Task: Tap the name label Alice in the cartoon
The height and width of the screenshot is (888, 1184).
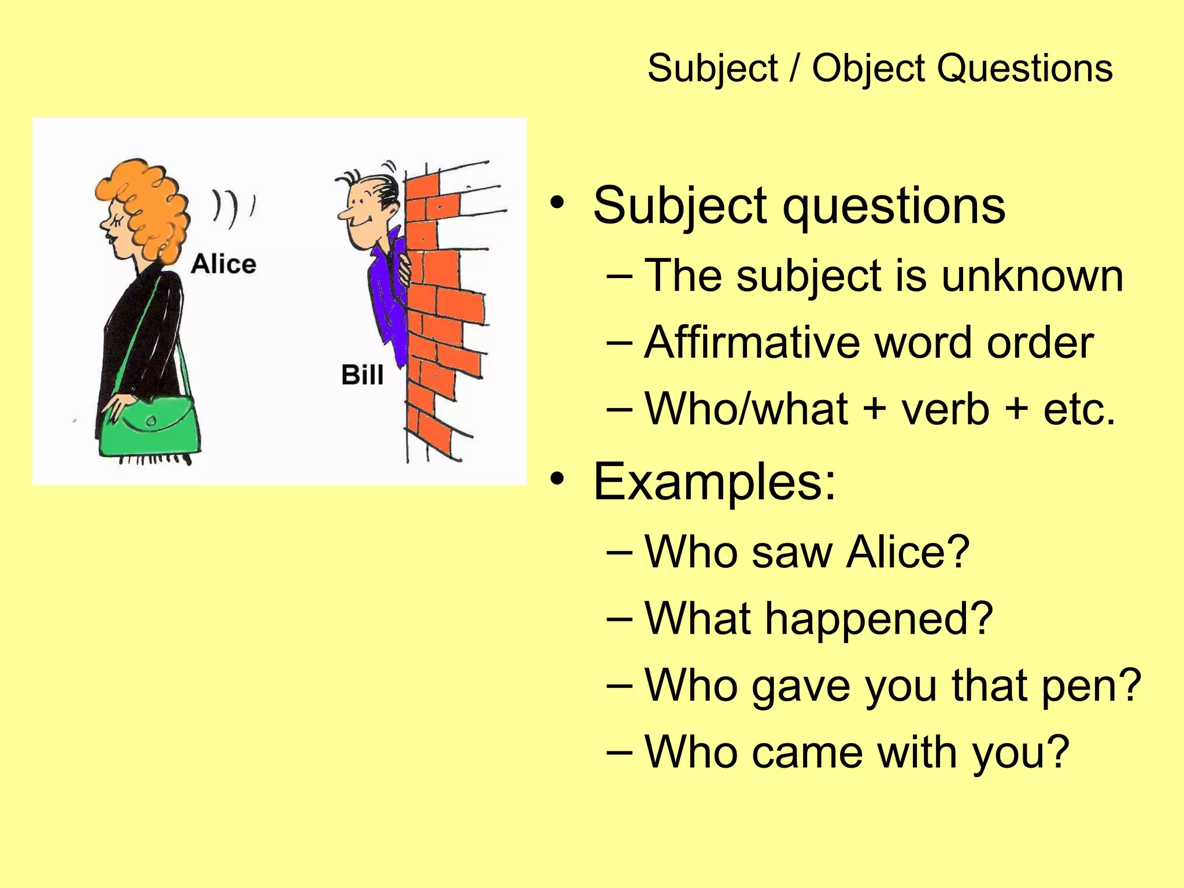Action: (x=223, y=264)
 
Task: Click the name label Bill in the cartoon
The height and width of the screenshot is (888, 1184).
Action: (x=362, y=375)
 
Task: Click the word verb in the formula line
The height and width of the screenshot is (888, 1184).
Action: (x=945, y=409)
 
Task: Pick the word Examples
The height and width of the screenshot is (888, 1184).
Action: (x=715, y=480)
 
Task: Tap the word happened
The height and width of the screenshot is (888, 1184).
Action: (x=879, y=619)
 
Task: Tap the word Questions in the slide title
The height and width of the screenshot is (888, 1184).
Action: (x=1024, y=68)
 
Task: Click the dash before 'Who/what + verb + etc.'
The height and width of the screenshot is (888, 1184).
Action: (x=620, y=409)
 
